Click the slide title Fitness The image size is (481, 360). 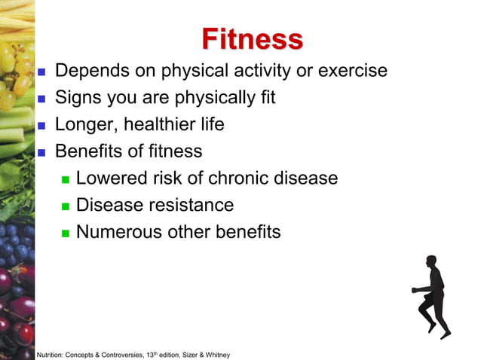(253, 38)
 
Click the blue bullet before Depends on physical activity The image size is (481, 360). (42, 73)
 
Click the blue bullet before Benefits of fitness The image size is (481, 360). (42, 152)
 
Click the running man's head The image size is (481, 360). (430, 261)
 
